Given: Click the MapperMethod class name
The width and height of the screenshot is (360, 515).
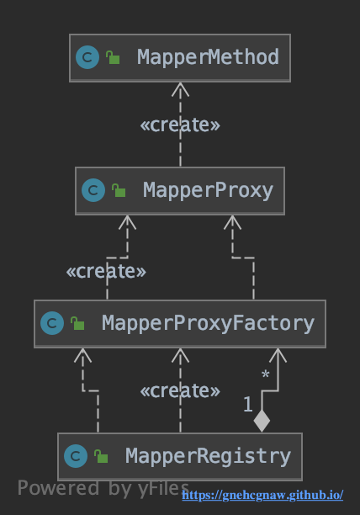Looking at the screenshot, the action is (208, 57).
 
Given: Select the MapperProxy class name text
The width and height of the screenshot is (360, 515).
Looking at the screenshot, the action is (208, 190).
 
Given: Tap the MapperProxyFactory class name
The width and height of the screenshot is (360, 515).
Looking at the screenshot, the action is (208, 323).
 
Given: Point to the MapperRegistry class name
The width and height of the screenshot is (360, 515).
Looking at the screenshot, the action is (208, 456).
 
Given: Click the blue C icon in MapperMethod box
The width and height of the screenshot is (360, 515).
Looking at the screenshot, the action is (87, 57).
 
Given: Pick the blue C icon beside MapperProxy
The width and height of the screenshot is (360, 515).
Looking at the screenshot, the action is (93, 190).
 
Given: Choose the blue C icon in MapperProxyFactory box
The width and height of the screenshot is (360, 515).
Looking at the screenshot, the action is (52, 323).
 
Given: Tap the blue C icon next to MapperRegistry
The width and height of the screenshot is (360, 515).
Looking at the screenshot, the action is (76, 456).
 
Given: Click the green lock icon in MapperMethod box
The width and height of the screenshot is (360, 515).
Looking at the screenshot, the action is (113, 57).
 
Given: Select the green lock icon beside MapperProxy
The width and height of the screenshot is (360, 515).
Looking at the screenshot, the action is (119, 190).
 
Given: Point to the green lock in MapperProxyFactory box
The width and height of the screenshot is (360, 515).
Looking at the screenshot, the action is (77, 323).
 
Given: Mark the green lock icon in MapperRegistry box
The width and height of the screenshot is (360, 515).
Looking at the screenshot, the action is (101, 457).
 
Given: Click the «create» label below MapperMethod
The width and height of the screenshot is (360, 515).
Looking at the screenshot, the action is (180, 125).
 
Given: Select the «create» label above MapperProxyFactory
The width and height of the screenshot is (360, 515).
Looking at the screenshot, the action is (106, 271).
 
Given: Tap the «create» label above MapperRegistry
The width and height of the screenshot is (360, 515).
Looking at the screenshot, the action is (180, 390).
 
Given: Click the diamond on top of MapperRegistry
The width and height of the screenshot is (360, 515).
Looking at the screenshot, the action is (262, 421).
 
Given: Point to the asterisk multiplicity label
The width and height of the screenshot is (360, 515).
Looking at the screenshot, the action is (266, 374).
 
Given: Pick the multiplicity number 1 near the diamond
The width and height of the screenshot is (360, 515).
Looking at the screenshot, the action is (248, 404).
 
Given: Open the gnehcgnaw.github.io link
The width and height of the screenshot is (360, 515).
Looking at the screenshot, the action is (262, 495).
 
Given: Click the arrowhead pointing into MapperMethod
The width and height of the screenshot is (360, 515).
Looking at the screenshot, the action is (180, 89).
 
